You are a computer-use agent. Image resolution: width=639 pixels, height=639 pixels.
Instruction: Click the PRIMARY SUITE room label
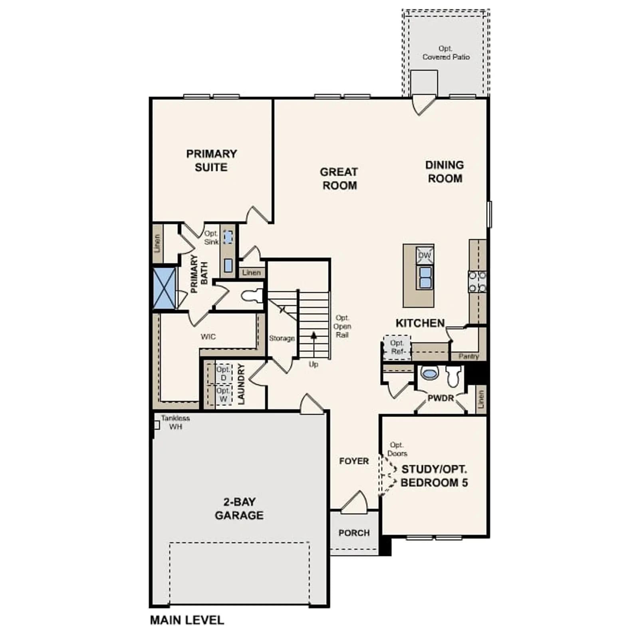click(x=211, y=161)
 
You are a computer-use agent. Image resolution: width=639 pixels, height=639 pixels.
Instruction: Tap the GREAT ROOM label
click(x=339, y=179)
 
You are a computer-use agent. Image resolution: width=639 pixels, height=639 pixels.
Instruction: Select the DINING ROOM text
click(x=445, y=172)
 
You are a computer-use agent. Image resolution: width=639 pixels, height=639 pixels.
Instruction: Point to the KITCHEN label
click(x=420, y=323)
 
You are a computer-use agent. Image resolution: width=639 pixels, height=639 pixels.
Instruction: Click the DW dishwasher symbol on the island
click(x=425, y=256)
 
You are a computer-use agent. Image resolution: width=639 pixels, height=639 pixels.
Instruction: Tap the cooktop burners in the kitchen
click(x=477, y=282)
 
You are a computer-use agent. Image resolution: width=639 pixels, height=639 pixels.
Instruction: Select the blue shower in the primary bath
click(x=164, y=288)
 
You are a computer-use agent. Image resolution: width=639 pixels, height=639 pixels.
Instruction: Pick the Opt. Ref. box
click(x=397, y=347)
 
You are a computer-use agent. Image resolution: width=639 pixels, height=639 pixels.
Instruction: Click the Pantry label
click(x=468, y=356)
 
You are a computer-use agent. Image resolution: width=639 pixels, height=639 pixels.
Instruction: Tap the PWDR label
click(x=441, y=398)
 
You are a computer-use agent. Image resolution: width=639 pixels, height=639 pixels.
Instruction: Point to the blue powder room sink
click(x=429, y=373)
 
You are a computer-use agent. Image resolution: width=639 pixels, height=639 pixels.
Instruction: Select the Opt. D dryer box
click(x=223, y=373)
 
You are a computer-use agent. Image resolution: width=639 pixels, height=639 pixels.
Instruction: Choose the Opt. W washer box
click(x=223, y=395)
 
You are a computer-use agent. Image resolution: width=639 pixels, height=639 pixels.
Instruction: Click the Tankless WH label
click(x=175, y=422)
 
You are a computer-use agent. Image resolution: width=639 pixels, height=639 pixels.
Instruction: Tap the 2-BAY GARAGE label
click(x=239, y=508)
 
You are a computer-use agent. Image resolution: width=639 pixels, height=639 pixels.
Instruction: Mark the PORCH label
click(x=354, y=533)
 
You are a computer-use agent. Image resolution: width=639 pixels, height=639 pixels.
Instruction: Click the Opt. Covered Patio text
click(x=446, y=53)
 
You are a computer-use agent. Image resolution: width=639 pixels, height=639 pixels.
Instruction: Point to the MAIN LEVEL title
click(x=187, y=620)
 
